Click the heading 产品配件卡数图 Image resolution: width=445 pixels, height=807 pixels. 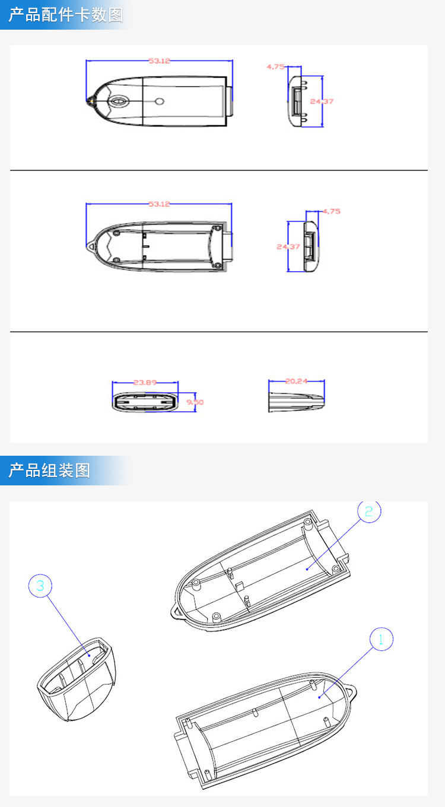tap(65, 15)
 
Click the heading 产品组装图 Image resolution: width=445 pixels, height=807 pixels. tap(49, 471)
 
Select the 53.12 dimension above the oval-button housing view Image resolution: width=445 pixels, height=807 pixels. tap(159, 61)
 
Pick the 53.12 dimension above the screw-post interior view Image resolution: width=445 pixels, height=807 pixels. tap(159, 204)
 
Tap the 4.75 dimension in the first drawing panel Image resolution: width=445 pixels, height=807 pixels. tap(275, 67)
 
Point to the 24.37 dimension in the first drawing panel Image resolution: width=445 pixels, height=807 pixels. tap(322, 101)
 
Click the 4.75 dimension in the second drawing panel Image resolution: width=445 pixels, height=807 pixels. tap(331, 211)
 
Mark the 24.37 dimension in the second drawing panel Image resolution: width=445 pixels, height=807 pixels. tap(288, 246)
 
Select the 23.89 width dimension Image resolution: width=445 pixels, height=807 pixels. tap(145, 383)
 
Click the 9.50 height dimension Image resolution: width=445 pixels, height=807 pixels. tap(195, 402)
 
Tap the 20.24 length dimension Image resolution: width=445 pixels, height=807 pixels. tap(296, 382)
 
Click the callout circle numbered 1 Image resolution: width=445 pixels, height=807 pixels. tap(381, 639)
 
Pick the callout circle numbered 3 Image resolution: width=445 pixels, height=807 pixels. tap(40, 586)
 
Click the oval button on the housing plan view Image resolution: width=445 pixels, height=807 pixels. tap(119, 101)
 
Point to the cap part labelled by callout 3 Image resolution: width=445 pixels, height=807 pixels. tap(77, 679)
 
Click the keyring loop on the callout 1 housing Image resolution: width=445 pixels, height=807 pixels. tap(353, 692)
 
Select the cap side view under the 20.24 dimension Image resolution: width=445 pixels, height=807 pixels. tap(296, 401)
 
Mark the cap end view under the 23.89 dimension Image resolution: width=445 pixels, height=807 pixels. tap(145, 402)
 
